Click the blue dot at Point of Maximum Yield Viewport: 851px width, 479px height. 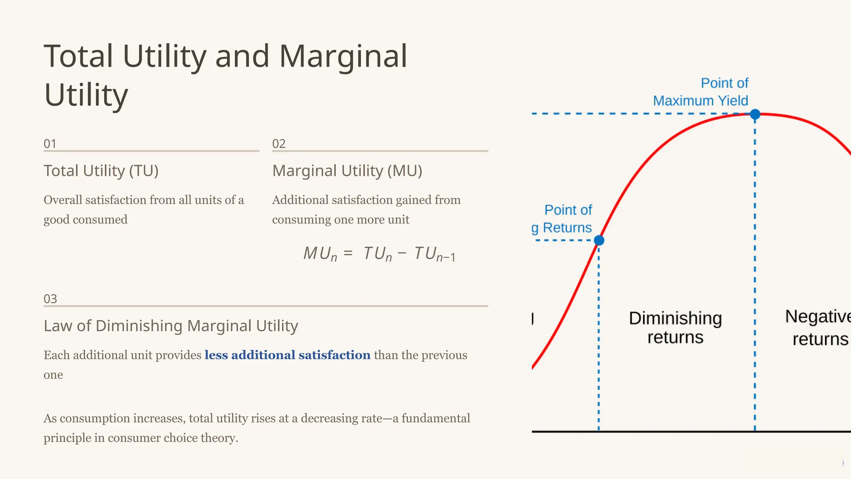point(755,114)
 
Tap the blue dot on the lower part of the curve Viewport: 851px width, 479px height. point(599,240)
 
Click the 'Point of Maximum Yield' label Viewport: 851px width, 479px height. point(701,92)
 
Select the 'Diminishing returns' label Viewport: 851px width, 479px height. point(675,328)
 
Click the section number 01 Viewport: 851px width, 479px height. point(50,144)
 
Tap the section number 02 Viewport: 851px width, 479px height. point(279,144)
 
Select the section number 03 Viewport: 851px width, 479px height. point(50,299)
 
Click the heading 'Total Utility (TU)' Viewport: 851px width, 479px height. point(101,171)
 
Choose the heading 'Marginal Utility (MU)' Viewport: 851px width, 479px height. point(347,171)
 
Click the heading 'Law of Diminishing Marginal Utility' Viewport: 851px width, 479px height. point(171,326)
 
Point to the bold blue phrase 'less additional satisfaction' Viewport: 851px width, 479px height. point(287,355)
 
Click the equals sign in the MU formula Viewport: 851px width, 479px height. point(348,253)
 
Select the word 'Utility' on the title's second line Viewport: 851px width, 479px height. point(86,95)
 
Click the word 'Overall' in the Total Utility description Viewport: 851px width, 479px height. point(63,200)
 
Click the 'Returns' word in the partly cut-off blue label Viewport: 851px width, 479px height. point(567,228)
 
